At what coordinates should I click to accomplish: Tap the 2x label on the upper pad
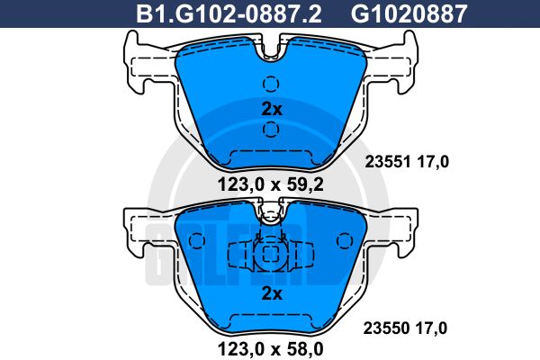(x=271, y=109)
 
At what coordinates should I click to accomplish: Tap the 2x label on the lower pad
(x=271, y=293)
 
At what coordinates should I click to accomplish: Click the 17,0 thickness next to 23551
(x=432, y=162)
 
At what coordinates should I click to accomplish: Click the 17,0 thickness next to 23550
(x=432, y=328)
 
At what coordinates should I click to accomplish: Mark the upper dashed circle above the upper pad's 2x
(x=271, y=85)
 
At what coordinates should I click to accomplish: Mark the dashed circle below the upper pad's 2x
(x=271, y=131)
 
